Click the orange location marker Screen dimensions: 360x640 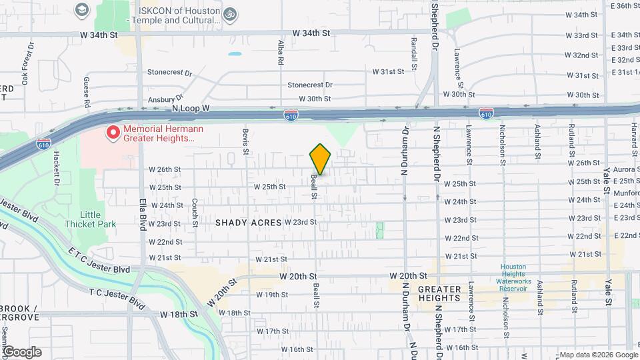coord(321,160)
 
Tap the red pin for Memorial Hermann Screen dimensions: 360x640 coord(113,133)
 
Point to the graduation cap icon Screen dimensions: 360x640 coord(81,10)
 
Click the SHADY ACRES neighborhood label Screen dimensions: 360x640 coord(248,223)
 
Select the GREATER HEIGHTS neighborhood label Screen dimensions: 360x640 coord(439,293)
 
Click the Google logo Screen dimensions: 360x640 coord(21,352)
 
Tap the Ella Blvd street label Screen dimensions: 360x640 coord(142,213)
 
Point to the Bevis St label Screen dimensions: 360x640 coord(246,142)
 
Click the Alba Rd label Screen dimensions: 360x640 coord(281,52)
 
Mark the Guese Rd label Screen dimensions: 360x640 coord(87,93)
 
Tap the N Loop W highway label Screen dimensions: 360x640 coord(191,107)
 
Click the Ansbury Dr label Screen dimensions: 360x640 coord(161,99)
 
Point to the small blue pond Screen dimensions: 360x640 coord(235,53)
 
